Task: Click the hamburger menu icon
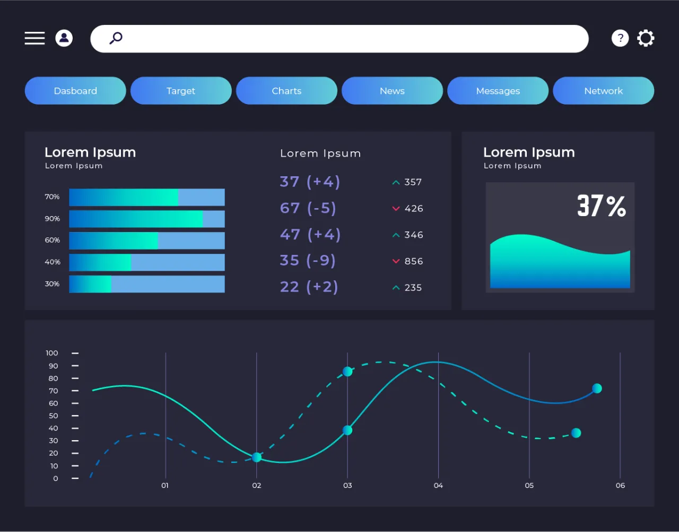tap(34, 38)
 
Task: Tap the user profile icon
tap(64, 38)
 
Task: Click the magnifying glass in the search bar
tap(116, 38)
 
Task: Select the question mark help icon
tap(620, 38)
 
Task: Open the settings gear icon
tap(646, 38)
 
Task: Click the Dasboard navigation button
tap(75, 91)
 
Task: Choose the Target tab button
tap(181, 91)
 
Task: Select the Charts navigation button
tap(286, 91)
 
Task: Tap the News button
tap(392, 91)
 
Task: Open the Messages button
tap(498, 91)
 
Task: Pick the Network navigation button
tap(603, 91)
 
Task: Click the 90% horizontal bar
tap(147, 219)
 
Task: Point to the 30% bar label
tap(52, 284)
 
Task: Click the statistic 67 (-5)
tap(308, 208)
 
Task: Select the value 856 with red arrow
tap(413, 261)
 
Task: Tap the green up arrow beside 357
tap(396, 183)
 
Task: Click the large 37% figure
tap(601, 206)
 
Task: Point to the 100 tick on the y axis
tap(52, 353)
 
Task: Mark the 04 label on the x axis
tap(438, 485)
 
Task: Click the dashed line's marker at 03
tap(347, 372)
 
